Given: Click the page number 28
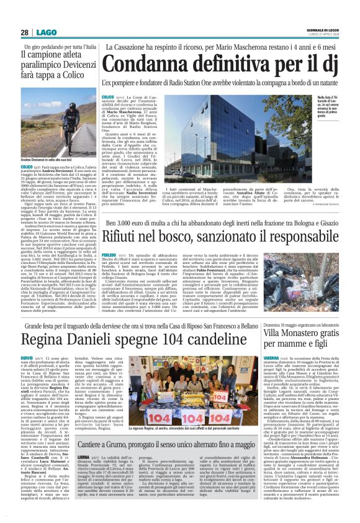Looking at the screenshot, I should pos(25,32).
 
